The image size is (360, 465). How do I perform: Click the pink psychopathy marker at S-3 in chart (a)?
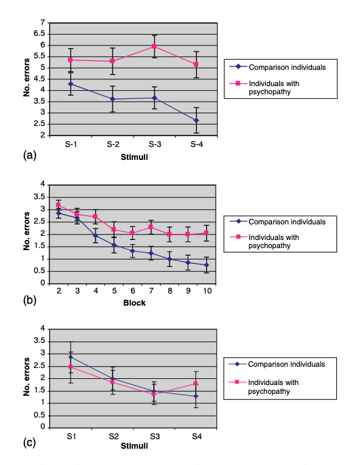coord(154,46)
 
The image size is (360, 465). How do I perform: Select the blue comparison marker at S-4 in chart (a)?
coord(197,121)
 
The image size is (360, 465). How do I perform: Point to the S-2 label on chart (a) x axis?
coord(113,144)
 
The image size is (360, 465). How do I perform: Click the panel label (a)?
coord(30,155)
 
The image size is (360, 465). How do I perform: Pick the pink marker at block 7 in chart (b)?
coord(151,227)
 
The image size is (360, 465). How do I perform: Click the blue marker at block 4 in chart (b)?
coord(96,236)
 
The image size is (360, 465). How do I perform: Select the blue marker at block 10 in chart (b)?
coord(206,265)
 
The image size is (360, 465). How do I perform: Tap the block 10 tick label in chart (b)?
coord(207,291)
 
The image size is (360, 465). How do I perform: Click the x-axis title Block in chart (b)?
coord(134,303)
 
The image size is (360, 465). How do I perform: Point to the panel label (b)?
coord(30,300)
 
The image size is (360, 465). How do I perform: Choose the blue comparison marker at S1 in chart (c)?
coord(71,357)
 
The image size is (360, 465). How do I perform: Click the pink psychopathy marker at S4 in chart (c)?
coord(196,384)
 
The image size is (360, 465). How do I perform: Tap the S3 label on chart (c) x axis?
coord(155,437)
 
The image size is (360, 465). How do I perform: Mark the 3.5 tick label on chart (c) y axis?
coord(39,341)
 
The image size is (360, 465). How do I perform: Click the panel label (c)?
coord(29,443)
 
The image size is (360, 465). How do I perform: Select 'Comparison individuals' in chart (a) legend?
coord(287,68)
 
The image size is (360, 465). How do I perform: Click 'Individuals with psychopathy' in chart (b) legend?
coord(274,241)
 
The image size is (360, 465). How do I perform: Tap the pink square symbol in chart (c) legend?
coord(237,382)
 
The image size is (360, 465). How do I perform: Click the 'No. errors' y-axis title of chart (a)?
coord(26,78)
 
